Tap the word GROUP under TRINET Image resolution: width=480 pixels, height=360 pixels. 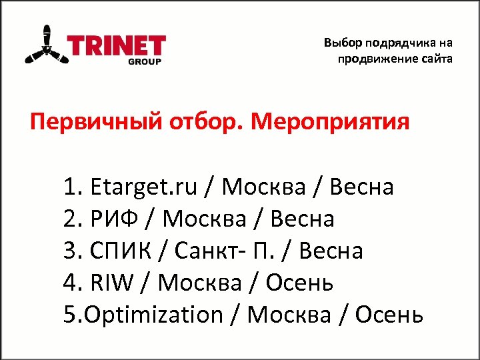146,62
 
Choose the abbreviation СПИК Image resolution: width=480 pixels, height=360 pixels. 129,251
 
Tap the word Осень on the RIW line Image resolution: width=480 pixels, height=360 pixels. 299,283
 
